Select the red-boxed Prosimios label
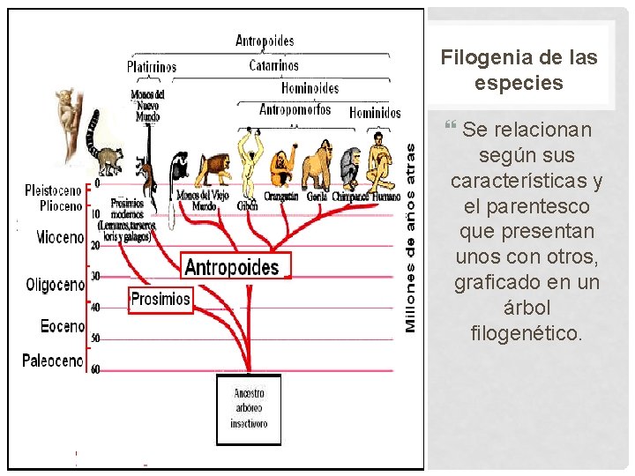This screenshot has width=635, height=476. [x=160, y=299]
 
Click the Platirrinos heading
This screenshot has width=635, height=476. [x=151, y=67]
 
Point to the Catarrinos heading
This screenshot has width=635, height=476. [x=273, y=65]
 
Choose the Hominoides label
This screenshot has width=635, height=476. [x=310, y=88]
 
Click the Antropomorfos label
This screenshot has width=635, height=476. [x=295, y=110]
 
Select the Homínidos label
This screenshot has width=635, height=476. [x=375, y=112]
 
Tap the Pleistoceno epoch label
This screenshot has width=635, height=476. [x=53, y=190]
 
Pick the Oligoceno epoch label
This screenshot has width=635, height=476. [x=55, y=286]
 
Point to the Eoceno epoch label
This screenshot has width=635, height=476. [x=63, y=326]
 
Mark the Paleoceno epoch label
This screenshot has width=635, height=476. [x=53, y=361]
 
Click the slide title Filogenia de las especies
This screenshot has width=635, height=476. [x=519, y=70]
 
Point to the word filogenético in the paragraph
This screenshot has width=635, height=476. [x=527, y=334]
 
